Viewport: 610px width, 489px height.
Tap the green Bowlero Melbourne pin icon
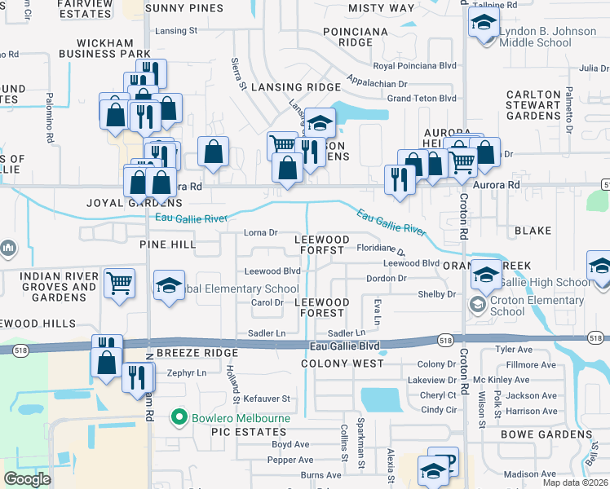pyautogui.click(x=180, y=419)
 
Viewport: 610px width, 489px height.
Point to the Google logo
pyautogui.click(x=27, y=478)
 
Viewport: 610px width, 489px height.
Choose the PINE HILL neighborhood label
pyautogui.click(x=167, y=244)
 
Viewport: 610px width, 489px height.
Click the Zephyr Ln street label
pyautogui.click(x=188, y=372)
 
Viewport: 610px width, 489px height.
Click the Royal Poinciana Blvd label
pyautogui.click(x=414, y=66)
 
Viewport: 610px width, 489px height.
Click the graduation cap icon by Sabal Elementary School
pyautogui.click(x=169, y=285)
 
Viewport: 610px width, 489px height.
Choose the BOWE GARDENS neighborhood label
pyautogui.click(x=541, y=434)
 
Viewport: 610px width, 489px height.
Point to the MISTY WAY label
pyautogui.click(x=381, y=8)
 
